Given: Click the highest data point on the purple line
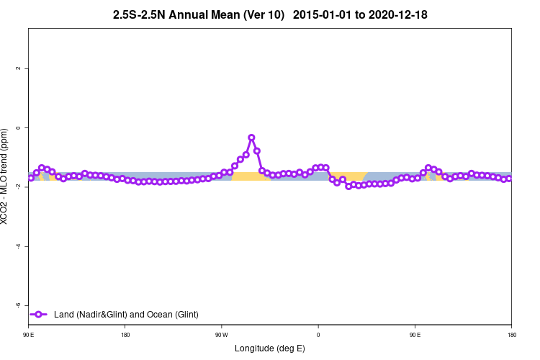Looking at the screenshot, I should pos(251,138).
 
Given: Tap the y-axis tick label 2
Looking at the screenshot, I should pos(19,68).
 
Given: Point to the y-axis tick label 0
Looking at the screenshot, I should pos(19,127).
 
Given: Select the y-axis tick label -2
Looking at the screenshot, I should pos(19,186).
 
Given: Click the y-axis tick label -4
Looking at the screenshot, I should pos(19,246).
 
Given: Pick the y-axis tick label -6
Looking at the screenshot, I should pos(19,305).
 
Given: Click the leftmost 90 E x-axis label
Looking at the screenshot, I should pos(28,335).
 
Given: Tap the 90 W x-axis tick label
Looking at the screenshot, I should pos(221,335).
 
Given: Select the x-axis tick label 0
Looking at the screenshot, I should pos(318,335).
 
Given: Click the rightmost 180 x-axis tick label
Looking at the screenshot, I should pos(511,335).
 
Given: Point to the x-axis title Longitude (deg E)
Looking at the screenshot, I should pos(270,348).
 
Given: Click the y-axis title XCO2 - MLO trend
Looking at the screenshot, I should pos(6,176).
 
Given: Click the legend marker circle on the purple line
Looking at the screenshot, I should pos(40,314).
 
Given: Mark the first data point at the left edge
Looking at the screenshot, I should pos(30,177).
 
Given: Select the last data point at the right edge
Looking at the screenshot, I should pos(508,179).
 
